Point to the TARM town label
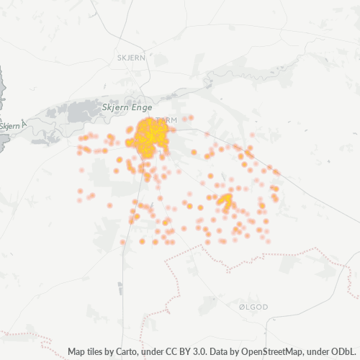[166, 121]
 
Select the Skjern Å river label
[11, 126]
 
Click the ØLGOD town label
[253, 307]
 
